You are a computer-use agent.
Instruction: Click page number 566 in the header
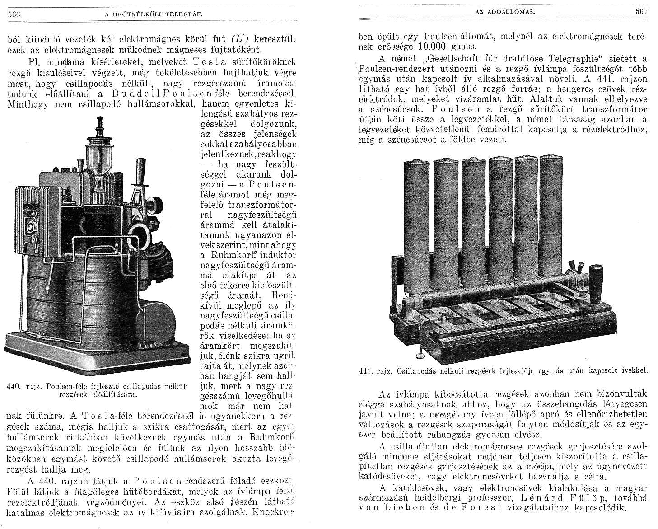pyautogui.click(x=15, y=14)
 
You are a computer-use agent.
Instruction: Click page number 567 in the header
pyautogui.click(x=641, y=12)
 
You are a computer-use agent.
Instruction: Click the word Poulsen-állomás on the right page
pyautogui.click(x=452, y=36)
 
